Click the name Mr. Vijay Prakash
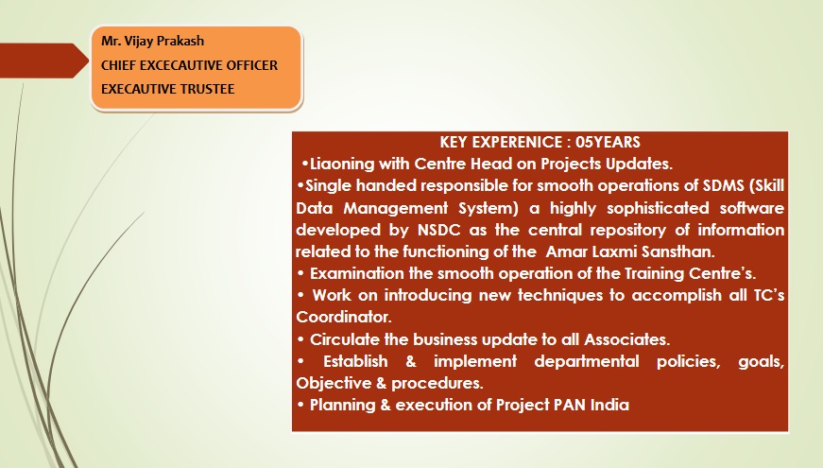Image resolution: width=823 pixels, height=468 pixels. pos(152,41)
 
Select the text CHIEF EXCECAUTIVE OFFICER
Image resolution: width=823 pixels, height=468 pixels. pos(189,65)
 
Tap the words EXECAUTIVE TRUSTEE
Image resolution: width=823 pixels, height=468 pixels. pos(167,89)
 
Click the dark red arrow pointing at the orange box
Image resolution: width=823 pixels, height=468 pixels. pos(44,61)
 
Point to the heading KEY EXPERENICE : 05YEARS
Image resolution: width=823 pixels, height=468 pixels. pos(540,142)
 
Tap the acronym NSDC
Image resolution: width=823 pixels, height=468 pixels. pos(438,230)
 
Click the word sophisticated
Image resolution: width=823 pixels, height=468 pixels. pos(658,208)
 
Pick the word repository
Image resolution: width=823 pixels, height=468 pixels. pos(624,230)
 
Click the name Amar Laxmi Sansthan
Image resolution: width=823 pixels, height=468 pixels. pos(630,251)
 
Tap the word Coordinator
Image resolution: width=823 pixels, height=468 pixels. pos(343,317)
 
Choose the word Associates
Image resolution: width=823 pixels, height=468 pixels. pos(626,339)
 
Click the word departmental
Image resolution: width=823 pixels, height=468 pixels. pos(586,361)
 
